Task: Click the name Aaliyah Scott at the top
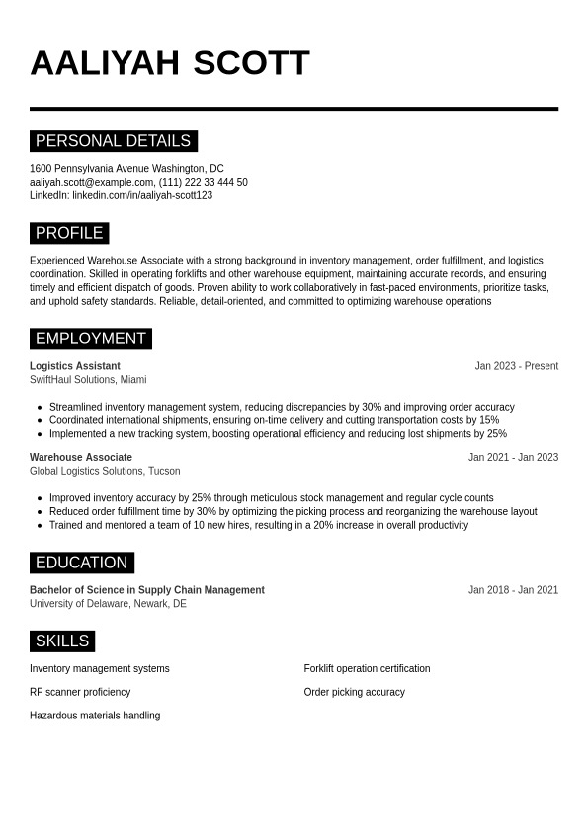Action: pos(170,63)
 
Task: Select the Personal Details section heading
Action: pos(113,141)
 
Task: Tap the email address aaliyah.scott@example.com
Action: pos(92,183)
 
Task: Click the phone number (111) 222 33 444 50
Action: pos(204,183)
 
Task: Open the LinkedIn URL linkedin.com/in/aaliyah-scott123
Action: pos(142,196)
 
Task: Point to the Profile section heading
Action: pos(69,233)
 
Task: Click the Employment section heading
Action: pos(90,339)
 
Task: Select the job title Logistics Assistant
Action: pos(75,366)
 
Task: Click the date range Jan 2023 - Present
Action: pos(516,366)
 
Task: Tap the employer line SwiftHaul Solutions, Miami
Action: pos(88,380)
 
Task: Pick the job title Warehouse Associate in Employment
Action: pos(81,458)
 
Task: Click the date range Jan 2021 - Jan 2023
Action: pos(513,458)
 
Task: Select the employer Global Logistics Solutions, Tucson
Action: pos(105,472)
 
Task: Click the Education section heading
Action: pos(81,563)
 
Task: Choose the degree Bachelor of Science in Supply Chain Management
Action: pos(147,590)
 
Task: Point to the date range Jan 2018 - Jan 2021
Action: pos(513,590)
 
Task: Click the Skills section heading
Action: pos(62,641)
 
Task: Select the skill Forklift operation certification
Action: pos(367,669)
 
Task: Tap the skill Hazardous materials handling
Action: pos(95,716)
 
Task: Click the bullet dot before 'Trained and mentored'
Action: pos(40,526)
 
